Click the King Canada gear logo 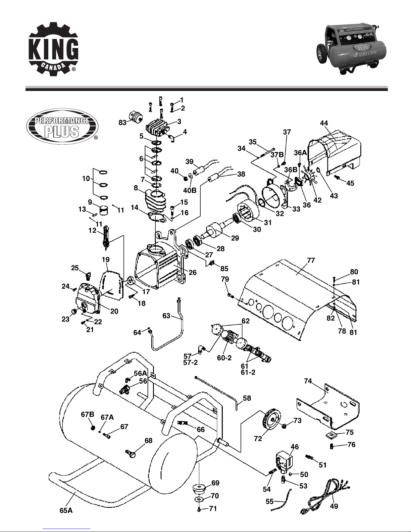(54, 49)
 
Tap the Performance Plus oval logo (62, 127)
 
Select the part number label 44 (324, 123)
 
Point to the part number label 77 (311, 260)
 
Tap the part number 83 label (122, 123)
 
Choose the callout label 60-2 (224, 358)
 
